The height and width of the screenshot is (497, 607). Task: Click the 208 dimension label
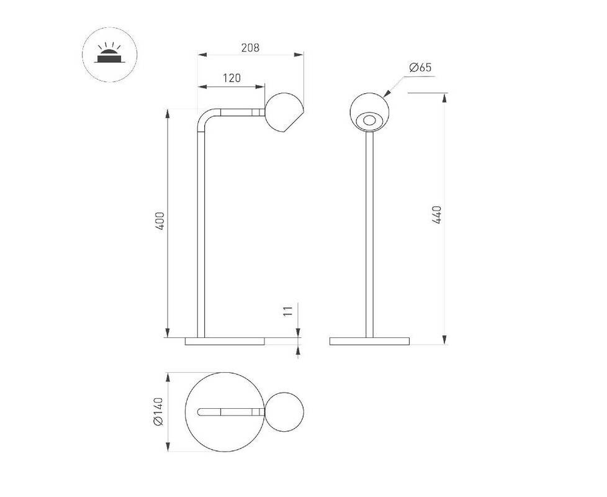(250, 48)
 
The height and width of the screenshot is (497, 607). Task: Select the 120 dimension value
(232, 78)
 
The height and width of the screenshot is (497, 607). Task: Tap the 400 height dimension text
(160, 221)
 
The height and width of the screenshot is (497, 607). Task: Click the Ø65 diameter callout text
(420, 67)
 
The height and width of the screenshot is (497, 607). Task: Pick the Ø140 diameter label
(159, 411)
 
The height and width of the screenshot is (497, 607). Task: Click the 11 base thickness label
(288, 311)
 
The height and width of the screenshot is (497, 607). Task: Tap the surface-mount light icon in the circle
(110, 54)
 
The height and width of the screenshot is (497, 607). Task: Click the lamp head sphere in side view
(284, 112)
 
